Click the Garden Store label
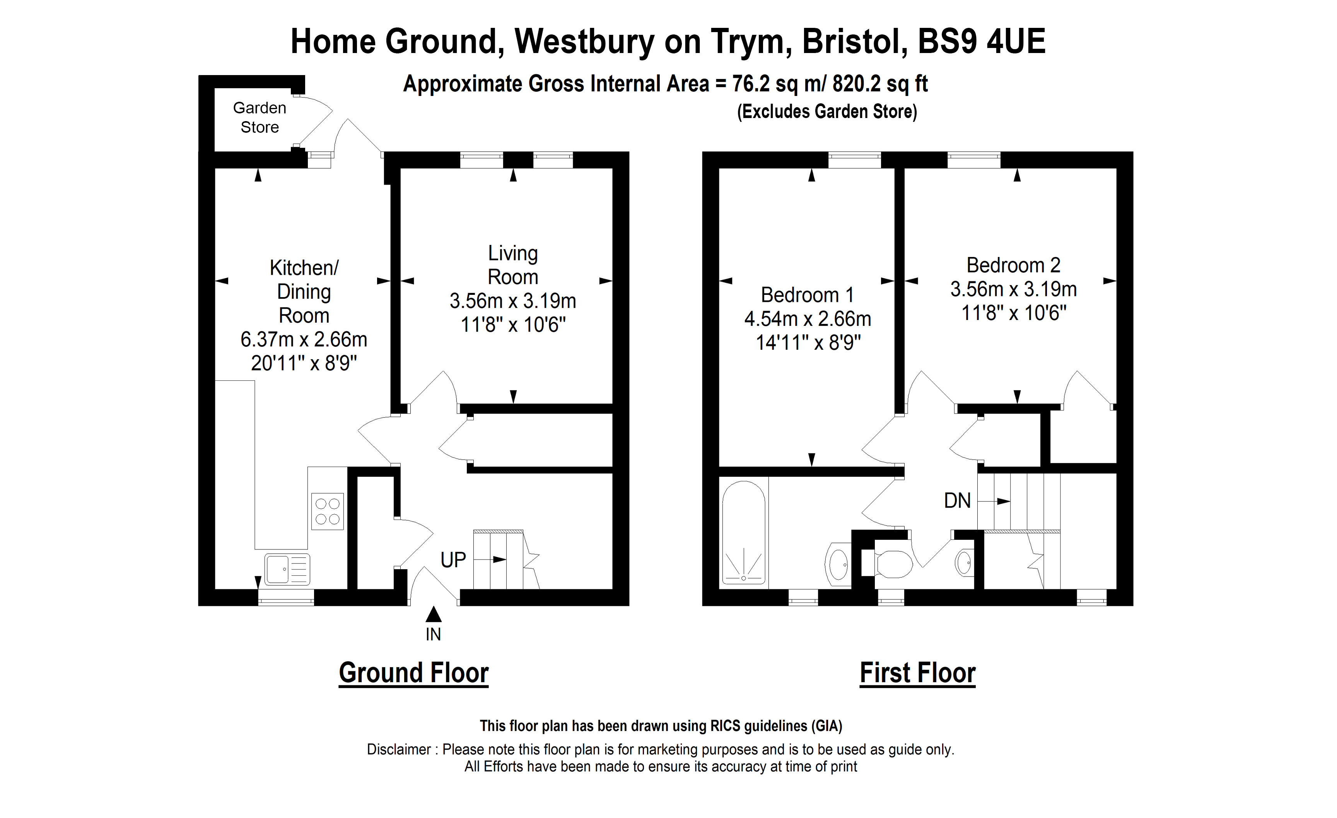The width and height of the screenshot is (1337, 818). pyautogui.click(x=260, y=117)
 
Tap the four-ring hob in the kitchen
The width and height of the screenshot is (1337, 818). pyautogui.click(x=327, y=511)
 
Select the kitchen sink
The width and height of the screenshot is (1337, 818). pyautogui.click(x=287, y=568)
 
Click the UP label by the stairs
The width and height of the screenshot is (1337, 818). pyautogui.click(x=453, y=560)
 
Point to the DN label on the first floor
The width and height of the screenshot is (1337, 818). pyautogui.click(x=957, y=500)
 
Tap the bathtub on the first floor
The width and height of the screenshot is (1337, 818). pyautogui.click(x=743, y=532)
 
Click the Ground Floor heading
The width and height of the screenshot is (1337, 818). pyautogui.click(x=413, y=673)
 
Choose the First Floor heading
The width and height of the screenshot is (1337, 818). pyautogui.click(x=917, y=673)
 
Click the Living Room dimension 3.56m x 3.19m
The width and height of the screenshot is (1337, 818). pyautogui.click(x=513, y=301)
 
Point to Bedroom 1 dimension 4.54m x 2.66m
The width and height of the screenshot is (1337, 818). pyautogui.click(x=808, y=318)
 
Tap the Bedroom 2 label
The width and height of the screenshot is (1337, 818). pyautogui.click(x=1013, y=265)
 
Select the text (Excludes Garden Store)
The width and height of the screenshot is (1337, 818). pyautogui.click(x=827, y=111)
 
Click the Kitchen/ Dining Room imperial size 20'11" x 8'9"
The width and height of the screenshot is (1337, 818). pyautogui.click(x=304, y=363)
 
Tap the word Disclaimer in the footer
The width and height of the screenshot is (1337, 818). pyautogui.click(x=399, y=749)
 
